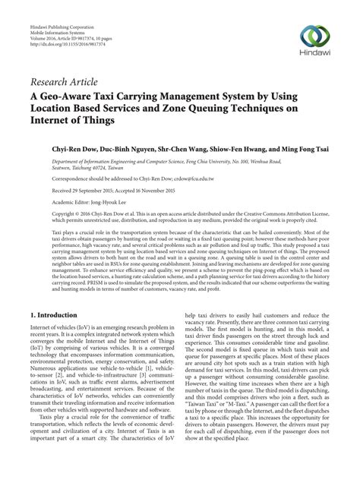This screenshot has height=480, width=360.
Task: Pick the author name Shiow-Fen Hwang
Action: point(247,151)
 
